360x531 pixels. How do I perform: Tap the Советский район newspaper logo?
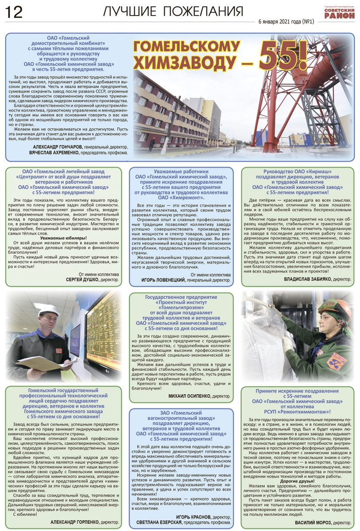(339, 14)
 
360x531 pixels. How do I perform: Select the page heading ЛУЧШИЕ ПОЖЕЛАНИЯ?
(173, 12)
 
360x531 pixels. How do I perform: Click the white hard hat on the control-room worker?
(49, 309)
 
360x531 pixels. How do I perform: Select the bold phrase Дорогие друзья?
(297, 480)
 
